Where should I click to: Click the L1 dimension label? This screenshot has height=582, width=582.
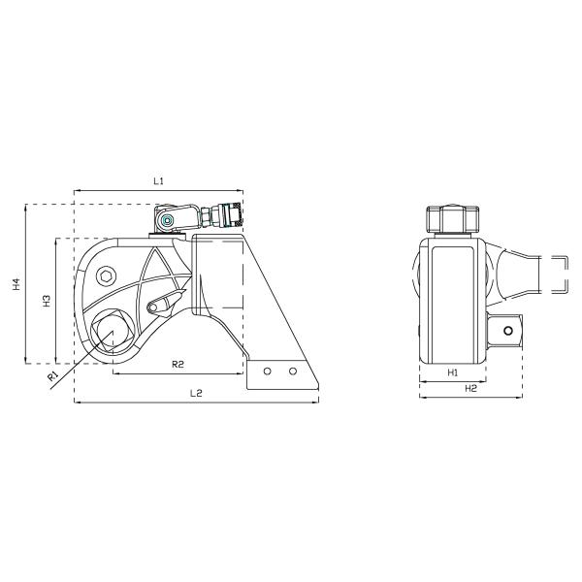[x=160, y=181]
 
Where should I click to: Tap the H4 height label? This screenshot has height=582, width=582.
[x=16, y=284]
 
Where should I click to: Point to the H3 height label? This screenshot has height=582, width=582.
[x=47, y=301]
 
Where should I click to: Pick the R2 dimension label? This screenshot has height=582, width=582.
[x=178, y=364]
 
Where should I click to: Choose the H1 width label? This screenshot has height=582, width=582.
[x=452, y=372]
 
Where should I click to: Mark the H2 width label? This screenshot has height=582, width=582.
[x=470, y=388]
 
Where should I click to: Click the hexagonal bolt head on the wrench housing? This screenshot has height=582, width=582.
[x=107, y=276]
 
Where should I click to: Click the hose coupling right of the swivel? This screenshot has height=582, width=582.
[x=229, y=213]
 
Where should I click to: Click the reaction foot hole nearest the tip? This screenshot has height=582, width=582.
[x=291, y=371]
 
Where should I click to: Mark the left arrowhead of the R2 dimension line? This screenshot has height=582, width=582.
[x=114, y=372]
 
